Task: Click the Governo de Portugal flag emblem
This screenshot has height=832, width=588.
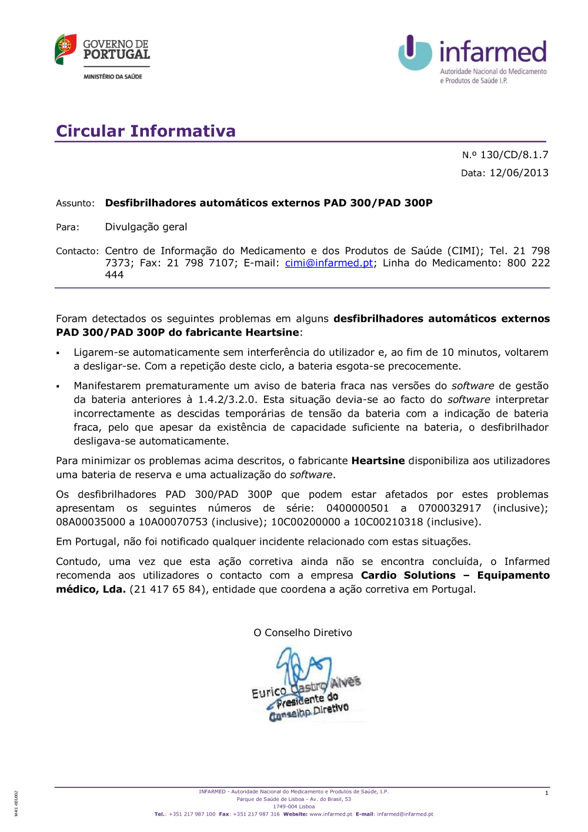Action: pos(65,49)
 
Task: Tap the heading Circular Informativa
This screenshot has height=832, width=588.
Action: pos(146,131)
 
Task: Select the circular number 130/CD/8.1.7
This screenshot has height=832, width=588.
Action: pos(514,155)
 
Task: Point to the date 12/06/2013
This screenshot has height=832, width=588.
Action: pos(519,173)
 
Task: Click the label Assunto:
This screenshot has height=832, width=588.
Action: pos(75,204)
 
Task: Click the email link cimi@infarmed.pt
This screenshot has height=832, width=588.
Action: pos(329,263)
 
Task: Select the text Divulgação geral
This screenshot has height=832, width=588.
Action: pos(146,227)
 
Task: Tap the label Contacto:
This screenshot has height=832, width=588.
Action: pos(77,251)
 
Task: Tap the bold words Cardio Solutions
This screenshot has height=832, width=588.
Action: pos(408,575)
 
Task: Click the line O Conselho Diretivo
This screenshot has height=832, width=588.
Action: pos(303,633)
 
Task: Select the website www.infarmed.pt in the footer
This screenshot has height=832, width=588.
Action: pos(330,814)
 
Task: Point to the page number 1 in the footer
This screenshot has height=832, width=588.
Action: pos(546,793)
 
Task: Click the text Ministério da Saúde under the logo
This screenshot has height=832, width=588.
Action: pos(112,76)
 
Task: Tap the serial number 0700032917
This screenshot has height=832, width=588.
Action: pos(449,508)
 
